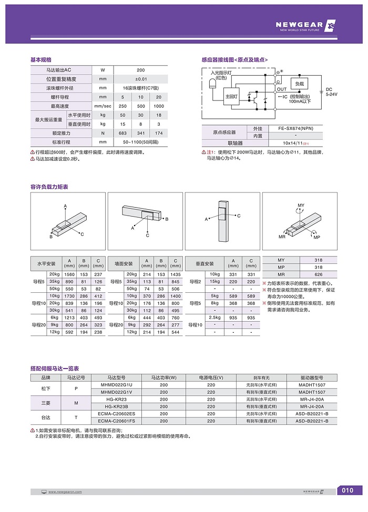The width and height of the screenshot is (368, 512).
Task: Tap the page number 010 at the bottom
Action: (347, 491)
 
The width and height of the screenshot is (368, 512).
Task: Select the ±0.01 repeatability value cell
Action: (141, 79)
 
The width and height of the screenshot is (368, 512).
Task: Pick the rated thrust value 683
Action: (123, 133)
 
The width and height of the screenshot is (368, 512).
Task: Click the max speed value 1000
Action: (159, 106)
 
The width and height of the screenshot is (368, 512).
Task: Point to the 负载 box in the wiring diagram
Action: (300, 84)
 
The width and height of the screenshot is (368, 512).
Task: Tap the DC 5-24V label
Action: (332, 91)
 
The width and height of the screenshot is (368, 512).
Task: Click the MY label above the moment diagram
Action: (301, 204)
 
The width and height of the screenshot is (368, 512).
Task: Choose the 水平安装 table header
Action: (46, 263)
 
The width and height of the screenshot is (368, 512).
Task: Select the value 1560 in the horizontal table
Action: (69, 274)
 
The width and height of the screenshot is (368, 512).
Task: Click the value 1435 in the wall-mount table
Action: (175, 274)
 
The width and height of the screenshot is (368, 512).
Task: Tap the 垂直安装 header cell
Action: (205, 263)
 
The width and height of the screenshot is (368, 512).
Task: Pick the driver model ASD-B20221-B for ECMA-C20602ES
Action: (312, 414)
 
